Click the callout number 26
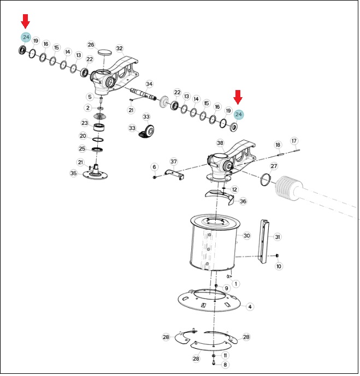pos(91,45)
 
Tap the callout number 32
pos(119,49)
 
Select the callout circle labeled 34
pos(149,84)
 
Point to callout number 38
pos(220,143)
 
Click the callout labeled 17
pos(294,141)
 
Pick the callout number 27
pos(274,166)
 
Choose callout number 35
pos(74,173)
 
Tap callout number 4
pos(250,307)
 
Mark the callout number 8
pos(225,365)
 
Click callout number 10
pos(279,266)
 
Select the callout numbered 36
pos(243,201)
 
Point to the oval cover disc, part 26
pos(105,52)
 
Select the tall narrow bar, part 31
pos(264,241)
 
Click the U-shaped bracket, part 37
pos(174,174)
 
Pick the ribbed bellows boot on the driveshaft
pos(287,187)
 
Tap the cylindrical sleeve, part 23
pos(99,127)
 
